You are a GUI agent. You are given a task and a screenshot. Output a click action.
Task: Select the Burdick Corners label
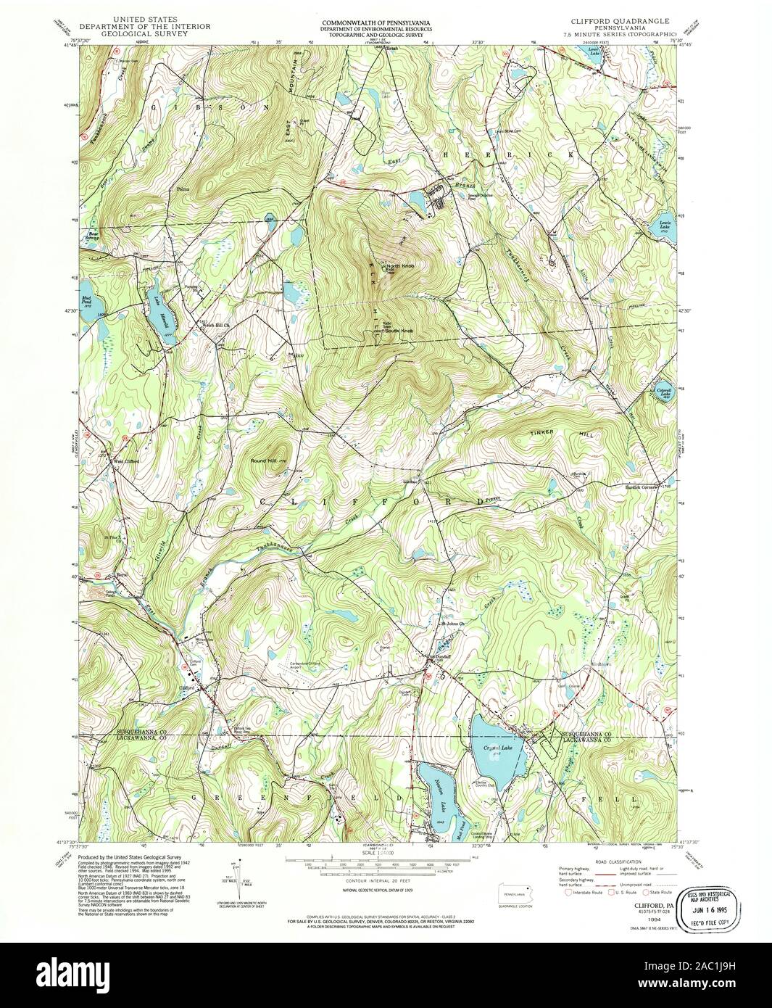[639, 487]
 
